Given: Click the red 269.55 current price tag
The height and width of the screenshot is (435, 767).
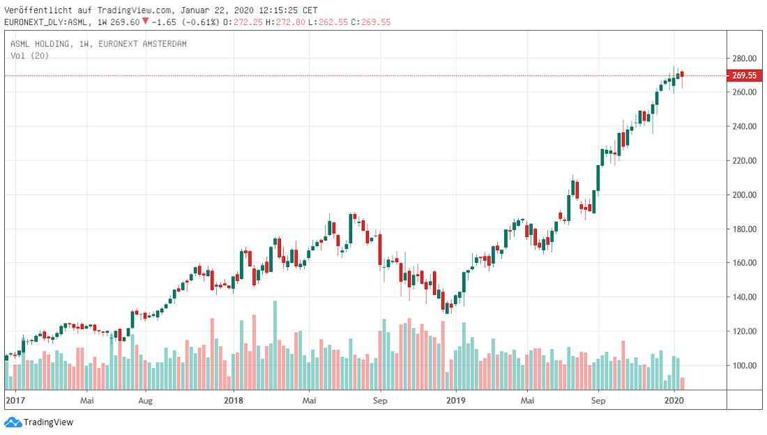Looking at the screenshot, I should (744, 75).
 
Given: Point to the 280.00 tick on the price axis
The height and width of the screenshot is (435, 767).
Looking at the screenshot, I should (743, 58).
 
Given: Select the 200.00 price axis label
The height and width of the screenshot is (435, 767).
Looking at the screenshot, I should (743, 194).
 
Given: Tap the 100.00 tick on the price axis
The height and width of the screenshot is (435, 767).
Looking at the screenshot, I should (743, 365).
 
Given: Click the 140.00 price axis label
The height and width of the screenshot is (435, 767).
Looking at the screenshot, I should (743, 297).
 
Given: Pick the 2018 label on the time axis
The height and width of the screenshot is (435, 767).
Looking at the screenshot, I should (234, 401).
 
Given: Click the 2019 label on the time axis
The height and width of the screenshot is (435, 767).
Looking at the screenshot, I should (455, 401).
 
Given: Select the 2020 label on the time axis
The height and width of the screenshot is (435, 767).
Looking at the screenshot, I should (674, 401).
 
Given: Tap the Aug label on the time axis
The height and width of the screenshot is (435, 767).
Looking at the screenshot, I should (145, 401).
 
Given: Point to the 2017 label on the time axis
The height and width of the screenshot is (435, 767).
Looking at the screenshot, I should (15, 401).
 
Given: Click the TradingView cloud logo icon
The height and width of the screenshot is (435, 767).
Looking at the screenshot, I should (13, 422).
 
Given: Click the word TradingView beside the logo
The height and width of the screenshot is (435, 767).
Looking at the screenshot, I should (48, 422).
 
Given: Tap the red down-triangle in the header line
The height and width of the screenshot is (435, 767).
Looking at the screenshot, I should (145, 21).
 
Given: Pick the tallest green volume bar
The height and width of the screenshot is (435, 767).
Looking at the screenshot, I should (275, 344).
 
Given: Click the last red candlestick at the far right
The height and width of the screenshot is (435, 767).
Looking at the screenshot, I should (683, 75).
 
